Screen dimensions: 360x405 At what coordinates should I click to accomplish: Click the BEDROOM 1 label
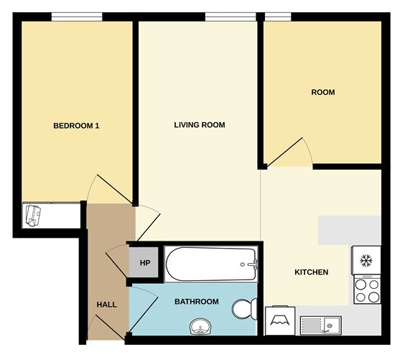(x=76, y=126)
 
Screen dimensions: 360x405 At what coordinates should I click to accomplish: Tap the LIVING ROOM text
(x=200, y=125)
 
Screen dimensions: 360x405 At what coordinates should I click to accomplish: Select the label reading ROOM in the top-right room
(x=322, y=92)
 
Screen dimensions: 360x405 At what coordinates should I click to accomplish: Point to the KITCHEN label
(x=312, y=272)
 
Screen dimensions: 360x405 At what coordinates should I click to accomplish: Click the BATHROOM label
(x=197, y=302)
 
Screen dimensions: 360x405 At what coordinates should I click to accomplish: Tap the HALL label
(x=107, y=305)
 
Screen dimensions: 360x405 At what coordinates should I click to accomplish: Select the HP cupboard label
(x=144, y=263)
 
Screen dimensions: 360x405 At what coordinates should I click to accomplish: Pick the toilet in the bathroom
(x=244, y=309)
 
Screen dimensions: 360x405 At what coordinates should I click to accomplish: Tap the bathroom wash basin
(x=200, y=328)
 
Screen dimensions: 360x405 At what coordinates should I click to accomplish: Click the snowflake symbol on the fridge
(x=366, y=259)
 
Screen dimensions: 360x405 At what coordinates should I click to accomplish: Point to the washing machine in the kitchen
(x=280, y=321)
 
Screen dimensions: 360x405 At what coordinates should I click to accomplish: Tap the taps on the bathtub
(x=252, y=264)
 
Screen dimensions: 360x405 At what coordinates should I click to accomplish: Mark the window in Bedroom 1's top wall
(x=76, y=16)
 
